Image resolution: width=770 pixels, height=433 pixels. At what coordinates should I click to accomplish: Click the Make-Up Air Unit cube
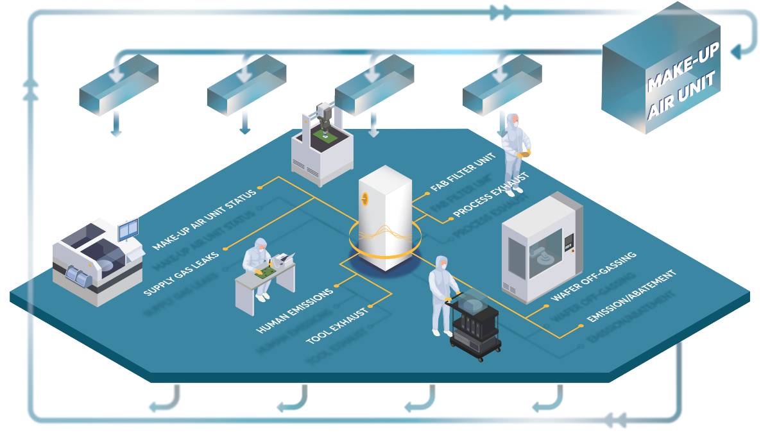(x=661, y=77)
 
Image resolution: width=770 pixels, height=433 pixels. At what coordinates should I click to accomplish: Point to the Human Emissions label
(x=295, y=310)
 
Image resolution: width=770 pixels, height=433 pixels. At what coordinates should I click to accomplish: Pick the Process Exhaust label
(x=491, y=194)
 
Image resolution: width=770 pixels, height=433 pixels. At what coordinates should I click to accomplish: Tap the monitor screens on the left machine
(x=128, y=229)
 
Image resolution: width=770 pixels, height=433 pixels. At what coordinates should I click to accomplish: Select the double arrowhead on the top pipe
(x=501, y=12)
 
